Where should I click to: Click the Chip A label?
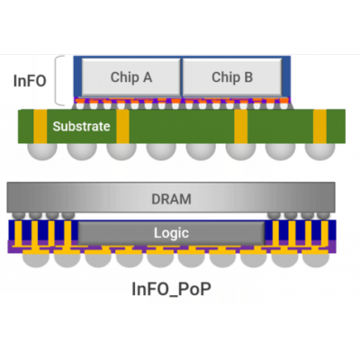point(131,77)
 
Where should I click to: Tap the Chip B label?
point(232,77)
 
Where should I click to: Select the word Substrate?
point(81,126)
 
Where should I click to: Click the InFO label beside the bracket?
point(30,81)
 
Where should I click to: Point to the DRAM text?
point(171,199)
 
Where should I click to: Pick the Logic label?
point(171,233)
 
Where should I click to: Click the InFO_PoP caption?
point(171,289)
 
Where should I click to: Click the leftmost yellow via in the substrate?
point(40,126)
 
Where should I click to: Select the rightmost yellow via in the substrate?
point(319,126)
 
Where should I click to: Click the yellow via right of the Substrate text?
point(122,126)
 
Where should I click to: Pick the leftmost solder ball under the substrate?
point(42,151)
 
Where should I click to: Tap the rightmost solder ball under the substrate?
point(319,151)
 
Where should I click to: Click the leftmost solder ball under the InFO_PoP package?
point(36,260)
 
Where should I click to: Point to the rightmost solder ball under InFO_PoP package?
point(316,260)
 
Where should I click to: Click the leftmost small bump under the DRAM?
point(19,215)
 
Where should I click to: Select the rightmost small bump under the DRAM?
point(323,215)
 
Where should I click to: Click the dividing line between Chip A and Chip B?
point(182,76)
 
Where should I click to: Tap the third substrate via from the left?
point(241,126)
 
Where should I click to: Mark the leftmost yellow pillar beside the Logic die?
point(19,233)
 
